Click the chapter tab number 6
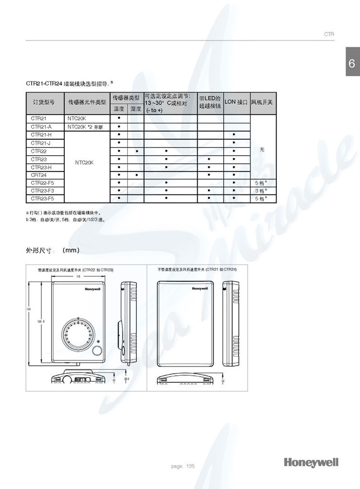click(352, 63)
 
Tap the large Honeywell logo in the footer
click(311, 462)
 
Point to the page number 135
click(191, 466)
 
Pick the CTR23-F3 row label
click(42, 191)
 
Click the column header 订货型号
click(44, 102)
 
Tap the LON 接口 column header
click(236, 102)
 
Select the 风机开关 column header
click(262, 102)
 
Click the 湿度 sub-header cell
click(136, 109)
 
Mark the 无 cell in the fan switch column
click(262, 150)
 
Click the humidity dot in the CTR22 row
click(136, 151)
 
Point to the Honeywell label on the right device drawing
click(200, 289)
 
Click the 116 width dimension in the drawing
click(78, 277)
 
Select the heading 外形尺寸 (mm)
click(52, 250)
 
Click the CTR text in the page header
click(329, 35)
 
